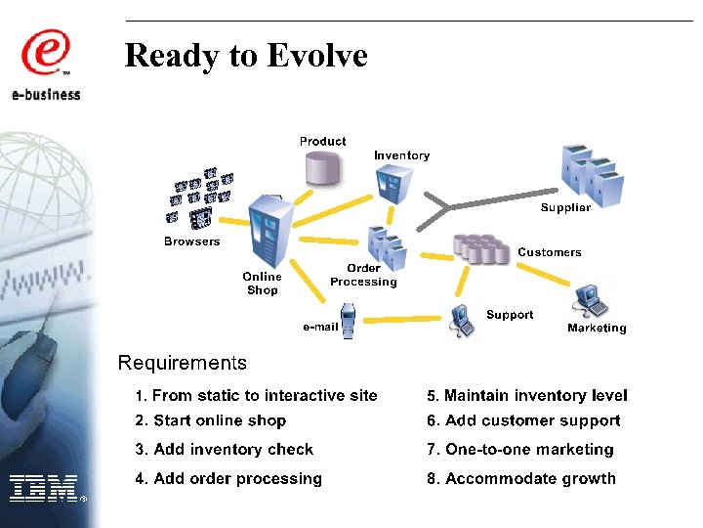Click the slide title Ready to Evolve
coord(246,56)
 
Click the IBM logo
coord(45,487)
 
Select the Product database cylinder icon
coord(322,167)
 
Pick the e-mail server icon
coord(348,323)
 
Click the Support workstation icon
coord(462,321)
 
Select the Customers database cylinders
coord(482,248)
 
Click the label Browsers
coord(191,242)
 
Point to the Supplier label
coord(565,208)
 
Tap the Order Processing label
coord(363,275)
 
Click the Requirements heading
coord(182,364)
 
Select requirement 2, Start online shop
coord(210,421)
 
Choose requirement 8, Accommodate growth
coord(521,479)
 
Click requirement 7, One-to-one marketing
coord(519,450)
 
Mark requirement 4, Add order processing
coord(227,479)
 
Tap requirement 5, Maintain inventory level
coord(526,396)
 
